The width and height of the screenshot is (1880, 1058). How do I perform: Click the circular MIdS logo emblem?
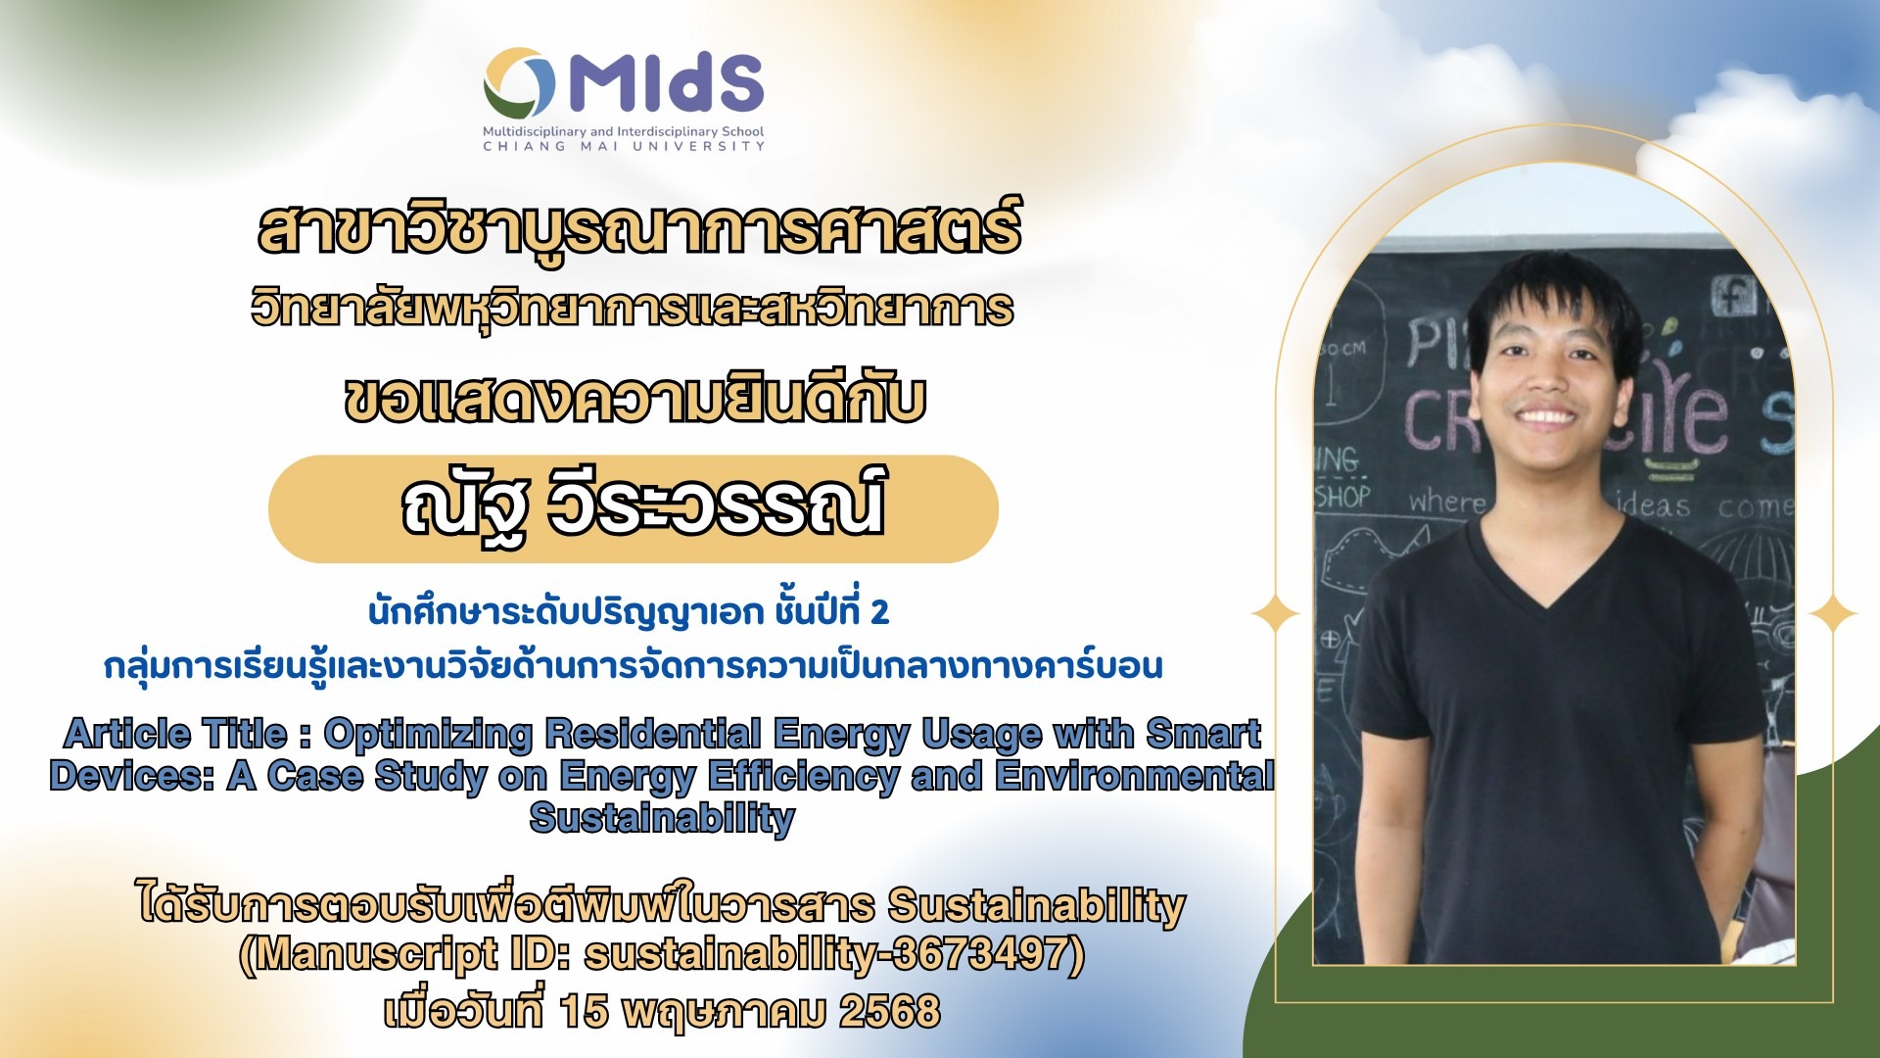(x=520, y=83)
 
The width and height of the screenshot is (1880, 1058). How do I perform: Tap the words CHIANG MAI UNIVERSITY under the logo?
(x=624, y=146)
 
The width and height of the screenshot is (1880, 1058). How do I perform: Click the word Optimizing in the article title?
(x=428, y=733)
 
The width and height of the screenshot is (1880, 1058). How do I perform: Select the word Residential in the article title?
(x=653, y=733)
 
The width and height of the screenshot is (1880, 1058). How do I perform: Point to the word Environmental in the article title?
(x=1134, y=776)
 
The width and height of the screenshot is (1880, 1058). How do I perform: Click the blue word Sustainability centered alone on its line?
(x=662, y=818)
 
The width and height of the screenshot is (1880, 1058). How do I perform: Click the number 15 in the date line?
(x=584, y=1011)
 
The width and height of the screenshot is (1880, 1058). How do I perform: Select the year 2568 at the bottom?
(x=889, y=1011)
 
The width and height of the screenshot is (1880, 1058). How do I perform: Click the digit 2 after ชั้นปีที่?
(x=879, y=612)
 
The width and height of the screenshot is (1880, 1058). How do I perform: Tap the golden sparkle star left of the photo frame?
(x=1276, y=614)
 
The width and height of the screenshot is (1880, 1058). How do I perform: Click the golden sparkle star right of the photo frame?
(x=1832, y=614)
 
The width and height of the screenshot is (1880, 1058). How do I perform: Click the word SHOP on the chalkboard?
(x=1342, y=496)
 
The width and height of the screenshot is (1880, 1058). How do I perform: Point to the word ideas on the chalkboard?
(x=1653, y=505)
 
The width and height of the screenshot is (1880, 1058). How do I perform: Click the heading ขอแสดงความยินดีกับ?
(x=634, y=400)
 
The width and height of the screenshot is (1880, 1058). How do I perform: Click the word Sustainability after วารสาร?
(x=1036, y=905)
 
